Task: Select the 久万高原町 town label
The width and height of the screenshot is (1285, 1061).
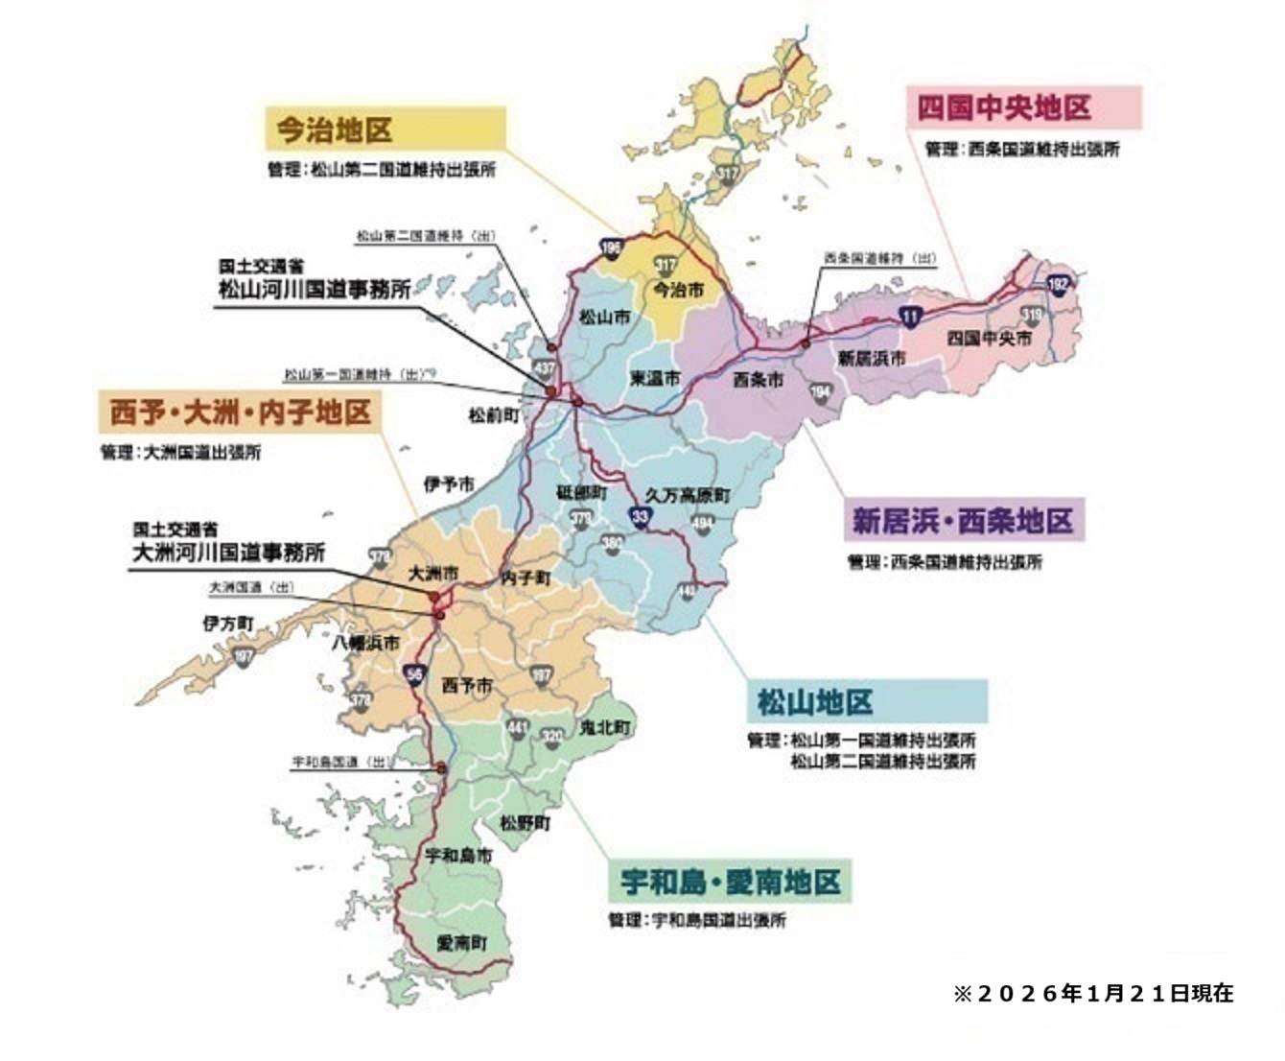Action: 687,495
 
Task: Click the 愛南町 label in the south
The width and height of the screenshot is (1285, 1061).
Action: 462,943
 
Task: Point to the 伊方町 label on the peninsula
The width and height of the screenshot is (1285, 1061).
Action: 228,624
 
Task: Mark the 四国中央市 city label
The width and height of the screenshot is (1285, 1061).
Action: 990,339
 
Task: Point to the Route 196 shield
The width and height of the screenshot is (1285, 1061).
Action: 611,248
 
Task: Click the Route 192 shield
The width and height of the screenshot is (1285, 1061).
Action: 1058,285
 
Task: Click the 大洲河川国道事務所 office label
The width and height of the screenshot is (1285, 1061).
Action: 228,552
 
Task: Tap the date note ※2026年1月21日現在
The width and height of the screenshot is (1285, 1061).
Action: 1092,993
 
